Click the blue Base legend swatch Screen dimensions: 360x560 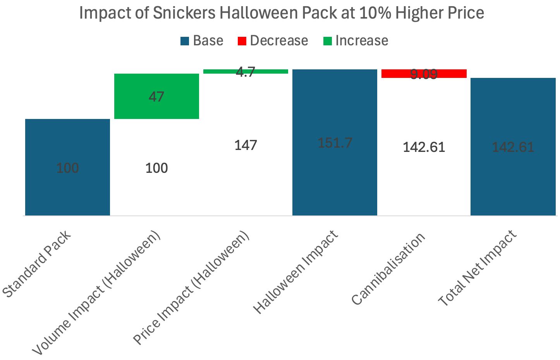(185, 41)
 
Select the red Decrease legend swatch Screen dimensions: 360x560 (242, 41)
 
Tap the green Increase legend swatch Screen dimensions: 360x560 (327, 41)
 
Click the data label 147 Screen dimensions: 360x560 (246, 145)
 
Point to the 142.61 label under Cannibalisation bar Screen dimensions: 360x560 (424, 147)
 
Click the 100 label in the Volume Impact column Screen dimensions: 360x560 (156, 168)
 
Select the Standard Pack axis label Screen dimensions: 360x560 (37, 264)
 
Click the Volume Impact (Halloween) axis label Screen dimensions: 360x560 (96, 293)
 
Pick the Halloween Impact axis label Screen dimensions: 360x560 (295, 272)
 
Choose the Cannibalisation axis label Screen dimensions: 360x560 (388, 269)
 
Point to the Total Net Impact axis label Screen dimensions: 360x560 (477, 268)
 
